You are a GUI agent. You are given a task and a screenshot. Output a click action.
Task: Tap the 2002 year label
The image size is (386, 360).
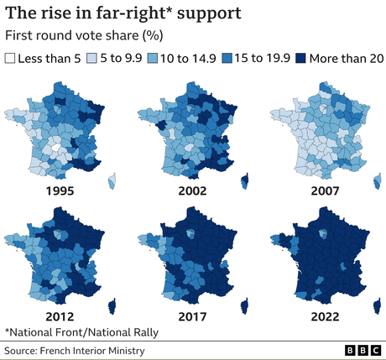193,191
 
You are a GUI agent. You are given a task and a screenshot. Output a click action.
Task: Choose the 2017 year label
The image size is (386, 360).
193,318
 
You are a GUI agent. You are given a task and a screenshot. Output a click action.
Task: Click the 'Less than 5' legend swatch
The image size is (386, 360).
11,59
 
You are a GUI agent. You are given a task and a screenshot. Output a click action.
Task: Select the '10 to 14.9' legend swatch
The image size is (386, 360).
154,59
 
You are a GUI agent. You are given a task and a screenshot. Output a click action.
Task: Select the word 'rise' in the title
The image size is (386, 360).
60,14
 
